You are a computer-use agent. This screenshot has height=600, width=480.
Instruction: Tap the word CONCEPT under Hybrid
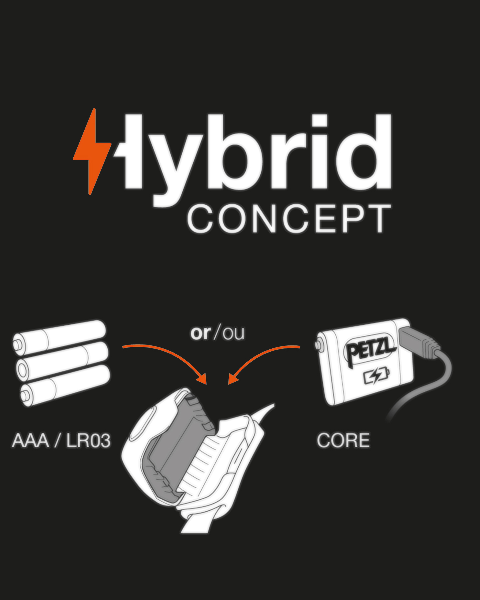[289, 219]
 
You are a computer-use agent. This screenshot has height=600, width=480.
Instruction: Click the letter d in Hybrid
[363, 151]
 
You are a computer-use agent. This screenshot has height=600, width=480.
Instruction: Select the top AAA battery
[59, 337]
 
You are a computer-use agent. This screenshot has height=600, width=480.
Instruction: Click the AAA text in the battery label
[31, 440]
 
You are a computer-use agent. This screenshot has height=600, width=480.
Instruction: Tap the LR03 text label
[88, 440]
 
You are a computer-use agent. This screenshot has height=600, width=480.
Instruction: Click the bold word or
[201, 333]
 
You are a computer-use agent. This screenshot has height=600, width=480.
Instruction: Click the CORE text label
[343, 440]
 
